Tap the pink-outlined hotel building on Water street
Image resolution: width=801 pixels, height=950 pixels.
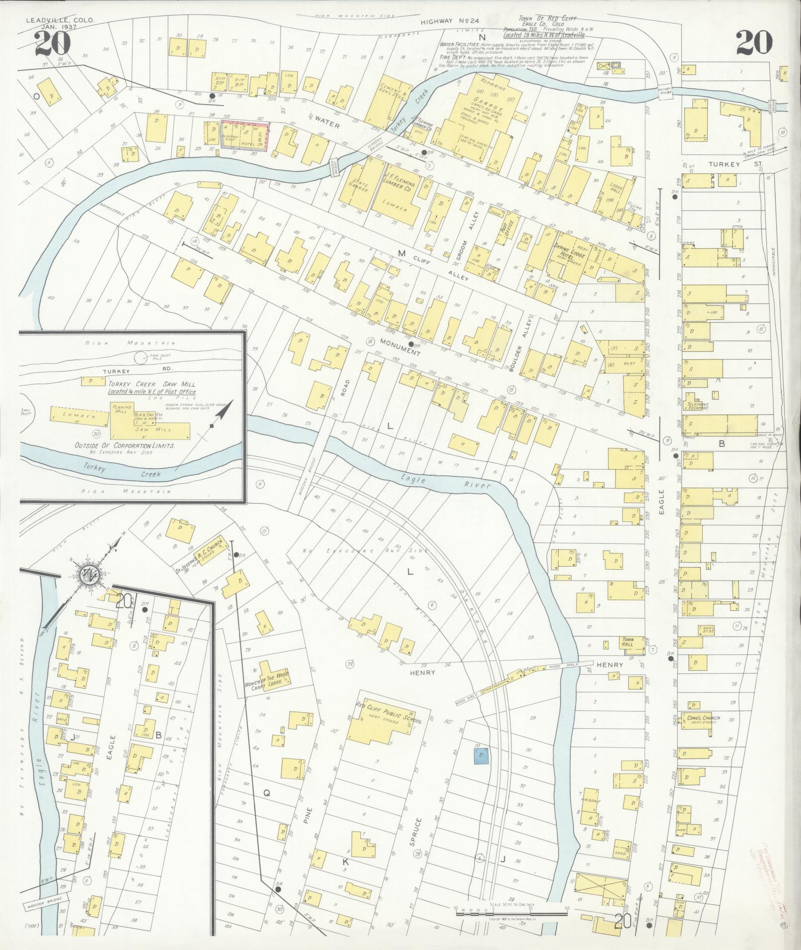[x=245, y=135]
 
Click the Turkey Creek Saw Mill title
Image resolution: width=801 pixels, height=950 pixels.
[x=152, y=384]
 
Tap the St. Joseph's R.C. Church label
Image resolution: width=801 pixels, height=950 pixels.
[x=201, y=552]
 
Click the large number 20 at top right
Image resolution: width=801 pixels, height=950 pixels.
[x=754, y=43]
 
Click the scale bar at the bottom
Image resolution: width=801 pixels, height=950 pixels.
[x=510, y=910]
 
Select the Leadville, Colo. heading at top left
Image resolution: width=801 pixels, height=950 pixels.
[x=59, y=21]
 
